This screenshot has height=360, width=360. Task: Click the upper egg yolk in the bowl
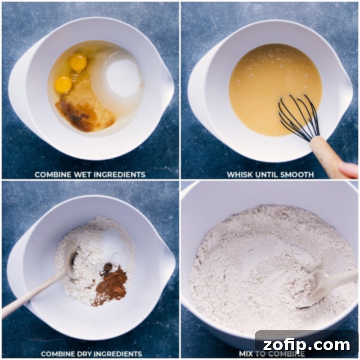(78, 62)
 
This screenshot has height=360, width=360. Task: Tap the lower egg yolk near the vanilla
(63, 84)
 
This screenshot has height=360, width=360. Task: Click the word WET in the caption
(79, 175)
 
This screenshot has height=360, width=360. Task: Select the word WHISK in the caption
(241, 175)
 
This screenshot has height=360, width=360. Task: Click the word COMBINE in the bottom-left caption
(56, 354)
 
